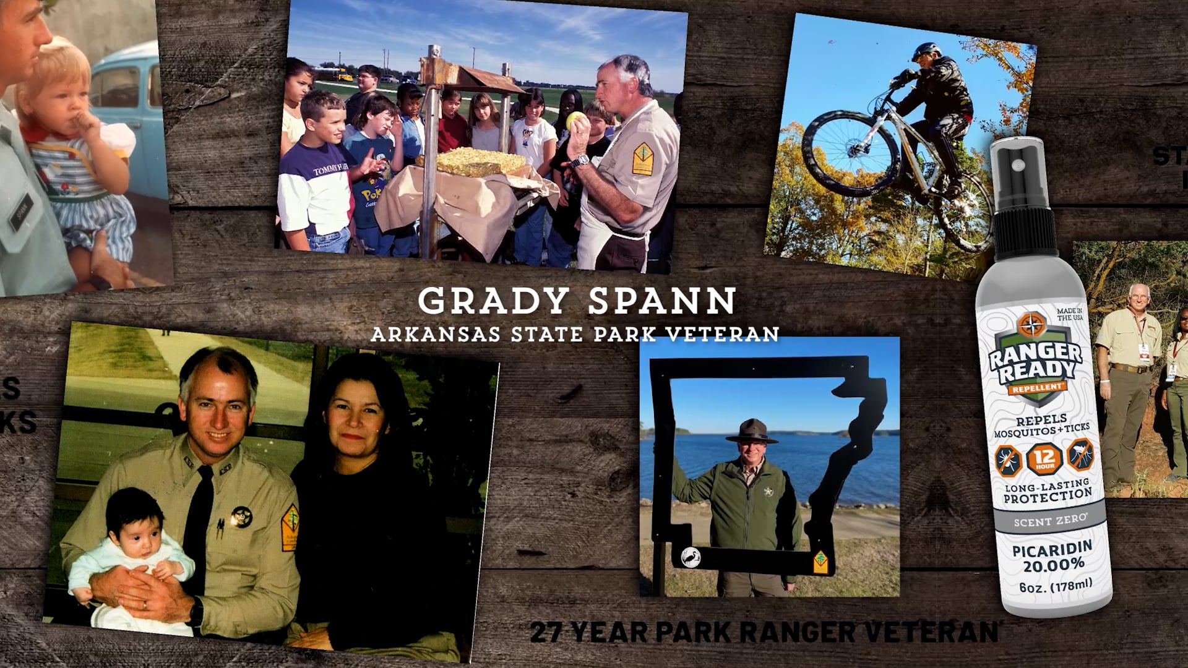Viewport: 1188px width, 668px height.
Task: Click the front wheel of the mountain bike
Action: [x=850, y=151]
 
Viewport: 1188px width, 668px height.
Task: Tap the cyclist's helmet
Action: [x=926, y=51]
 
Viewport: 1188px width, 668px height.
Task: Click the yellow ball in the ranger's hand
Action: [x=574, y=120]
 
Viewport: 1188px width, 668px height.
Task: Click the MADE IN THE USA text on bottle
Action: [x=1069, y=314]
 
